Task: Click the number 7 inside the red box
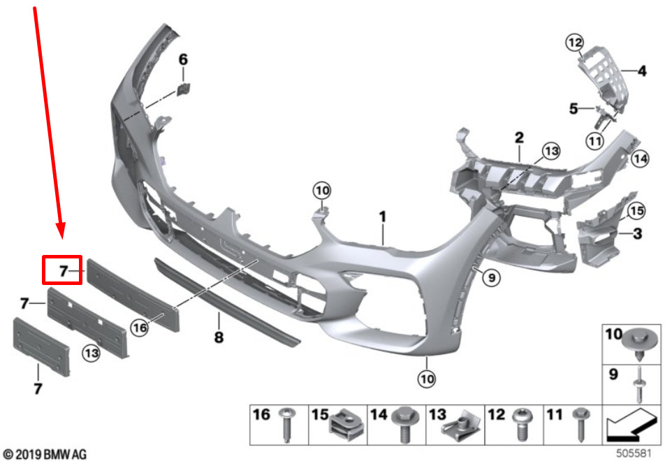pos(64,271)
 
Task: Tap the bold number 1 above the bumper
pos(383,217)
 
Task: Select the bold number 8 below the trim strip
pos(219,337)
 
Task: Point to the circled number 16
pos(140,327)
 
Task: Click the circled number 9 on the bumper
pos(492,278)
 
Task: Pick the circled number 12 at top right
pos(575,43)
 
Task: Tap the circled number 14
pos(640,159)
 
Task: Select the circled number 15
pos(636,211)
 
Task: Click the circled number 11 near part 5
pos(595,141)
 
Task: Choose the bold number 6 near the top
pos(183,59)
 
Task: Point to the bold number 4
pos(642,71)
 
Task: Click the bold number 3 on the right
pos(637,233)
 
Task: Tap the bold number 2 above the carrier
pos(519,138)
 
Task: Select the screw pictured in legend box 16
pos(286,425)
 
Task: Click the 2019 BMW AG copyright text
pos(45,454)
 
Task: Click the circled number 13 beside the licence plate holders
pos(92,353)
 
